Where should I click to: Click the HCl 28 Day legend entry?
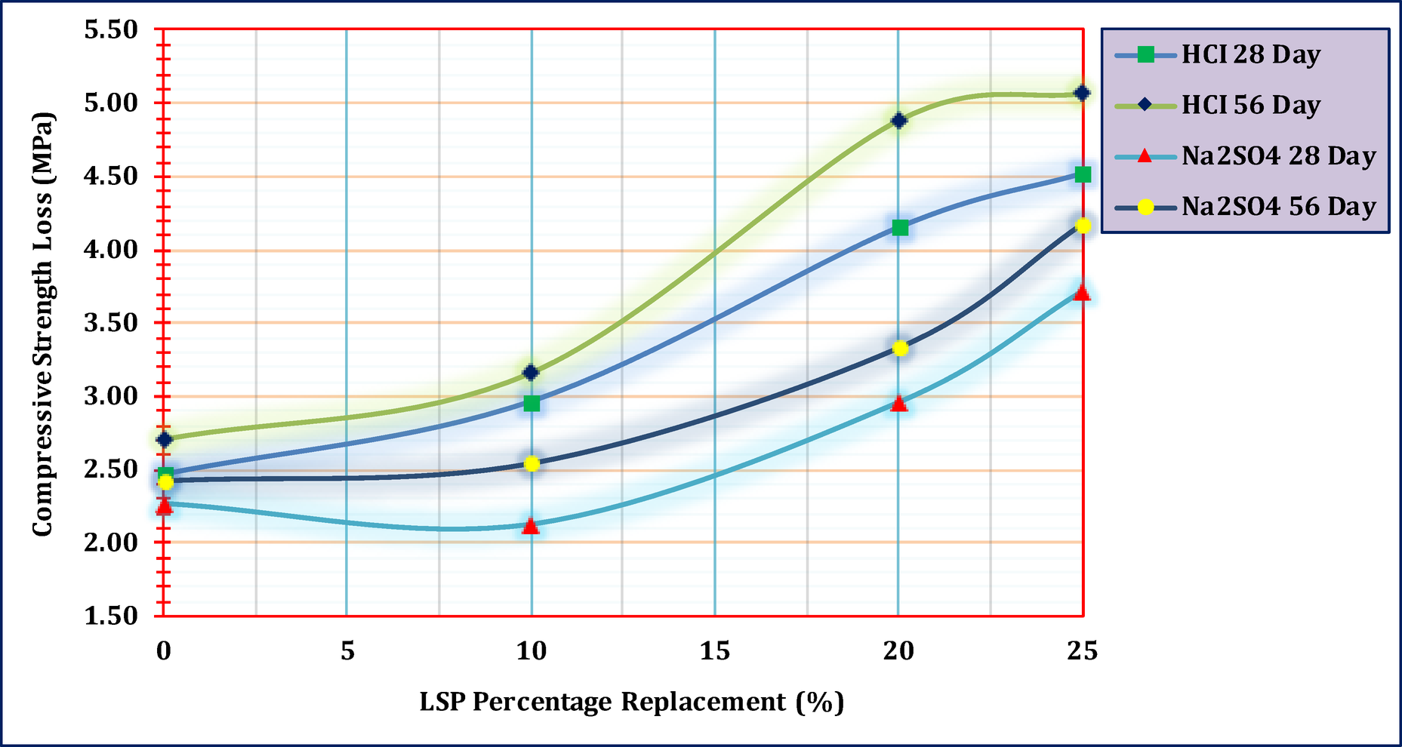[x=1250, y=54]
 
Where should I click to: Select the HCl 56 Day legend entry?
[x=1250, y=105]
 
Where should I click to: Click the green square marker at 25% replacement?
[x=1083, y=174]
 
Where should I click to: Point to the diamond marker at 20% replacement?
[x=898, y=120]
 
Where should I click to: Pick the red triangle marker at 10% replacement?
[x=531, y=526]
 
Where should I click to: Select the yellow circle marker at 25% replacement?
[x=1083, y=225]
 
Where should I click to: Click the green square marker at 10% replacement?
[x=532, y=404]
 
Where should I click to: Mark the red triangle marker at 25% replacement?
[x=1082, y=293]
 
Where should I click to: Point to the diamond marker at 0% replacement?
[x=165, y=439]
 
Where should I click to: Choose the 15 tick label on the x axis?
[x=714, y=651]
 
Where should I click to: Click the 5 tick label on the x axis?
[x=347, y=651]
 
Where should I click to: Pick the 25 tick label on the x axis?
[x=1082, y=651]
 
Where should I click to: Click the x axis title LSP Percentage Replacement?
[x=631, y=702]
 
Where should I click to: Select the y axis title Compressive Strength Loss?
[x=42, y=324]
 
